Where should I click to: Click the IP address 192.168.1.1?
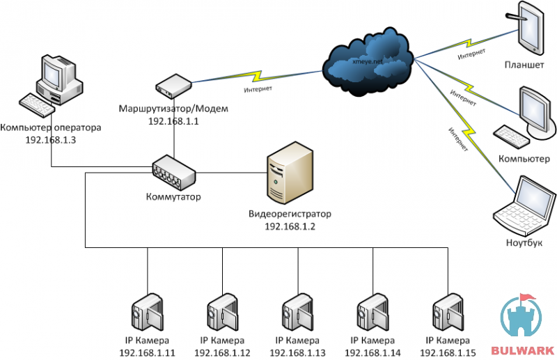(x=173, y=121)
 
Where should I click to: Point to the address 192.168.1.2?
(x=290, y=227)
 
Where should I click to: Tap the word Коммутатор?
(x=173, y=197)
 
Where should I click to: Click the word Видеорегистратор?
(x=290, y=214)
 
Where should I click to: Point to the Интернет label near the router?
(x=258, y=89)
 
